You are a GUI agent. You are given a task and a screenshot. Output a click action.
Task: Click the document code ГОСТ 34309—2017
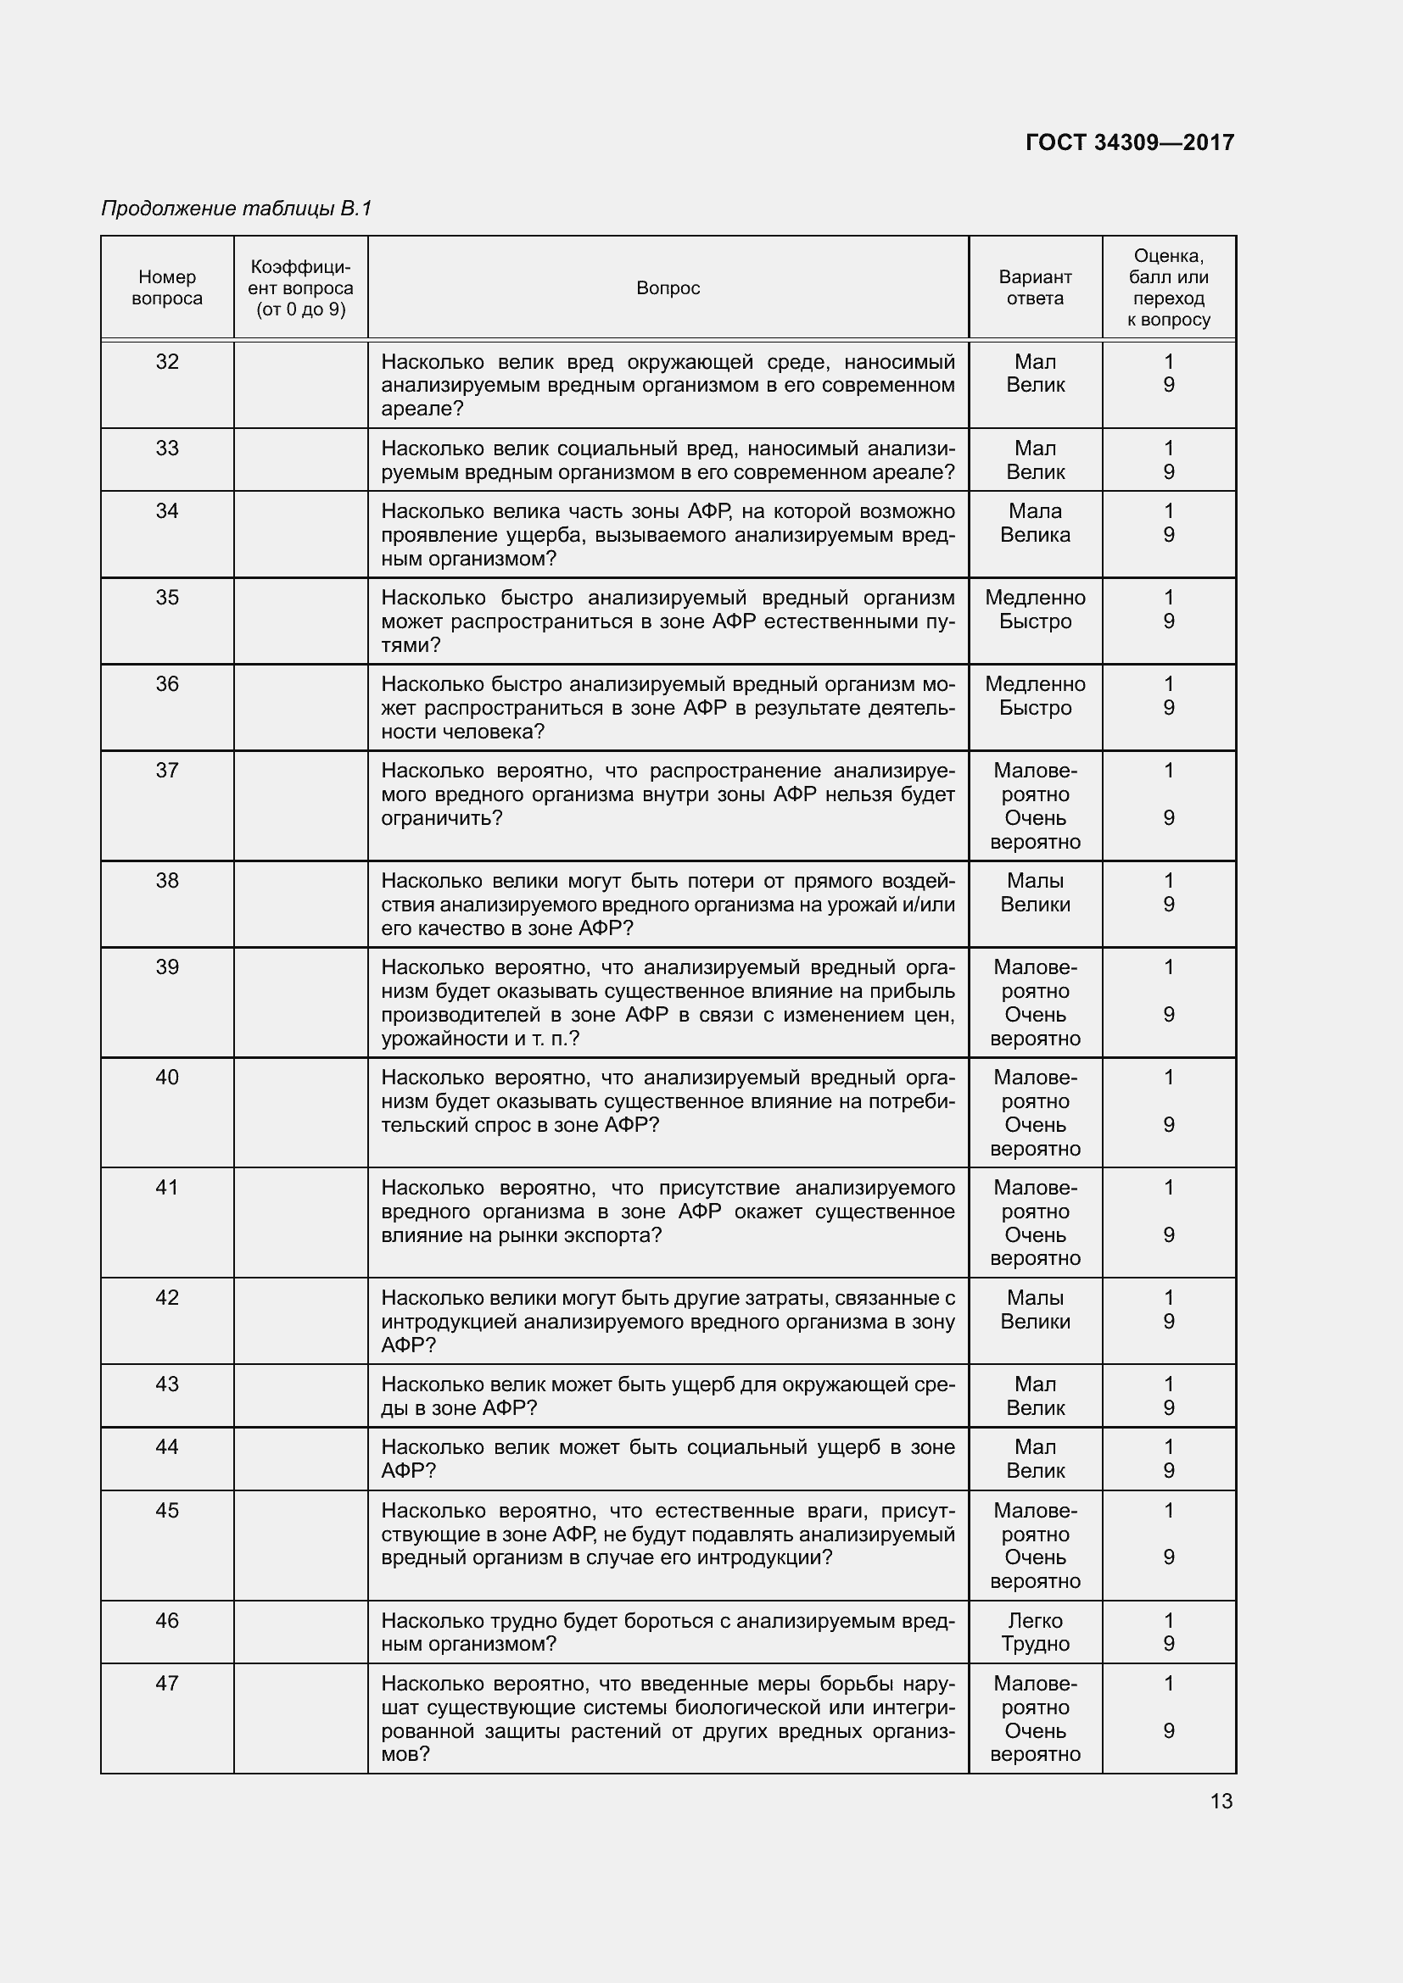point(1129,142)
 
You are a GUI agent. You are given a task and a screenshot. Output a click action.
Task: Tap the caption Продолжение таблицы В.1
point(236,209)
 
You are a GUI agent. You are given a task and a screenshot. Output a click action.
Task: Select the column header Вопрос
point(668,287)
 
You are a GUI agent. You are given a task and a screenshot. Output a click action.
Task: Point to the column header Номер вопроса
point(167,287)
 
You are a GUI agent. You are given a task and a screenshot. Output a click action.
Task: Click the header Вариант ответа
point(1035,287)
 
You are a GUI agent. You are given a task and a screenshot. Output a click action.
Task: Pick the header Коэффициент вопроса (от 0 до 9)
point(300,287)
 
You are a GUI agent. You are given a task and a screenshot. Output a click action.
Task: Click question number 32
point(167,362)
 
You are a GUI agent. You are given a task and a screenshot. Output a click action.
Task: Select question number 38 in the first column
point(167,881)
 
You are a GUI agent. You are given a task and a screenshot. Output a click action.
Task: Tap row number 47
point(167,1684)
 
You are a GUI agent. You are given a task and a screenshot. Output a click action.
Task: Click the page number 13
point(1221,1801)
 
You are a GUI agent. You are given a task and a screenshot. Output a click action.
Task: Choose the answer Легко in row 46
point(1035,1621)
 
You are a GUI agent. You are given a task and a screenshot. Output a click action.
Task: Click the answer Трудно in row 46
point(1035,1645)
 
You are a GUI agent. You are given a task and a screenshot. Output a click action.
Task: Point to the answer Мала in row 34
point(1035,511)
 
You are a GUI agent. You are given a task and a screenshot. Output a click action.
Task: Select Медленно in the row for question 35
point(1035,598)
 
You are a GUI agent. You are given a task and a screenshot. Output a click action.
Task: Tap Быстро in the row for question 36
point(1035,708)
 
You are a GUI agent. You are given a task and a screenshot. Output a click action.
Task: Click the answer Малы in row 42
point(1035,1298)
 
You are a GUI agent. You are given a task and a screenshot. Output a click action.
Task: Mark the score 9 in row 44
point(1169,1471)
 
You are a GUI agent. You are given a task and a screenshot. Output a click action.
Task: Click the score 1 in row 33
point(1169,448)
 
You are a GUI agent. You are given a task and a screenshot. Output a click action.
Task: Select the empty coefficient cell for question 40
point(300,1112)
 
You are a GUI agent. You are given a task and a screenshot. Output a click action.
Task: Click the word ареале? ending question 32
point(422,409)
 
